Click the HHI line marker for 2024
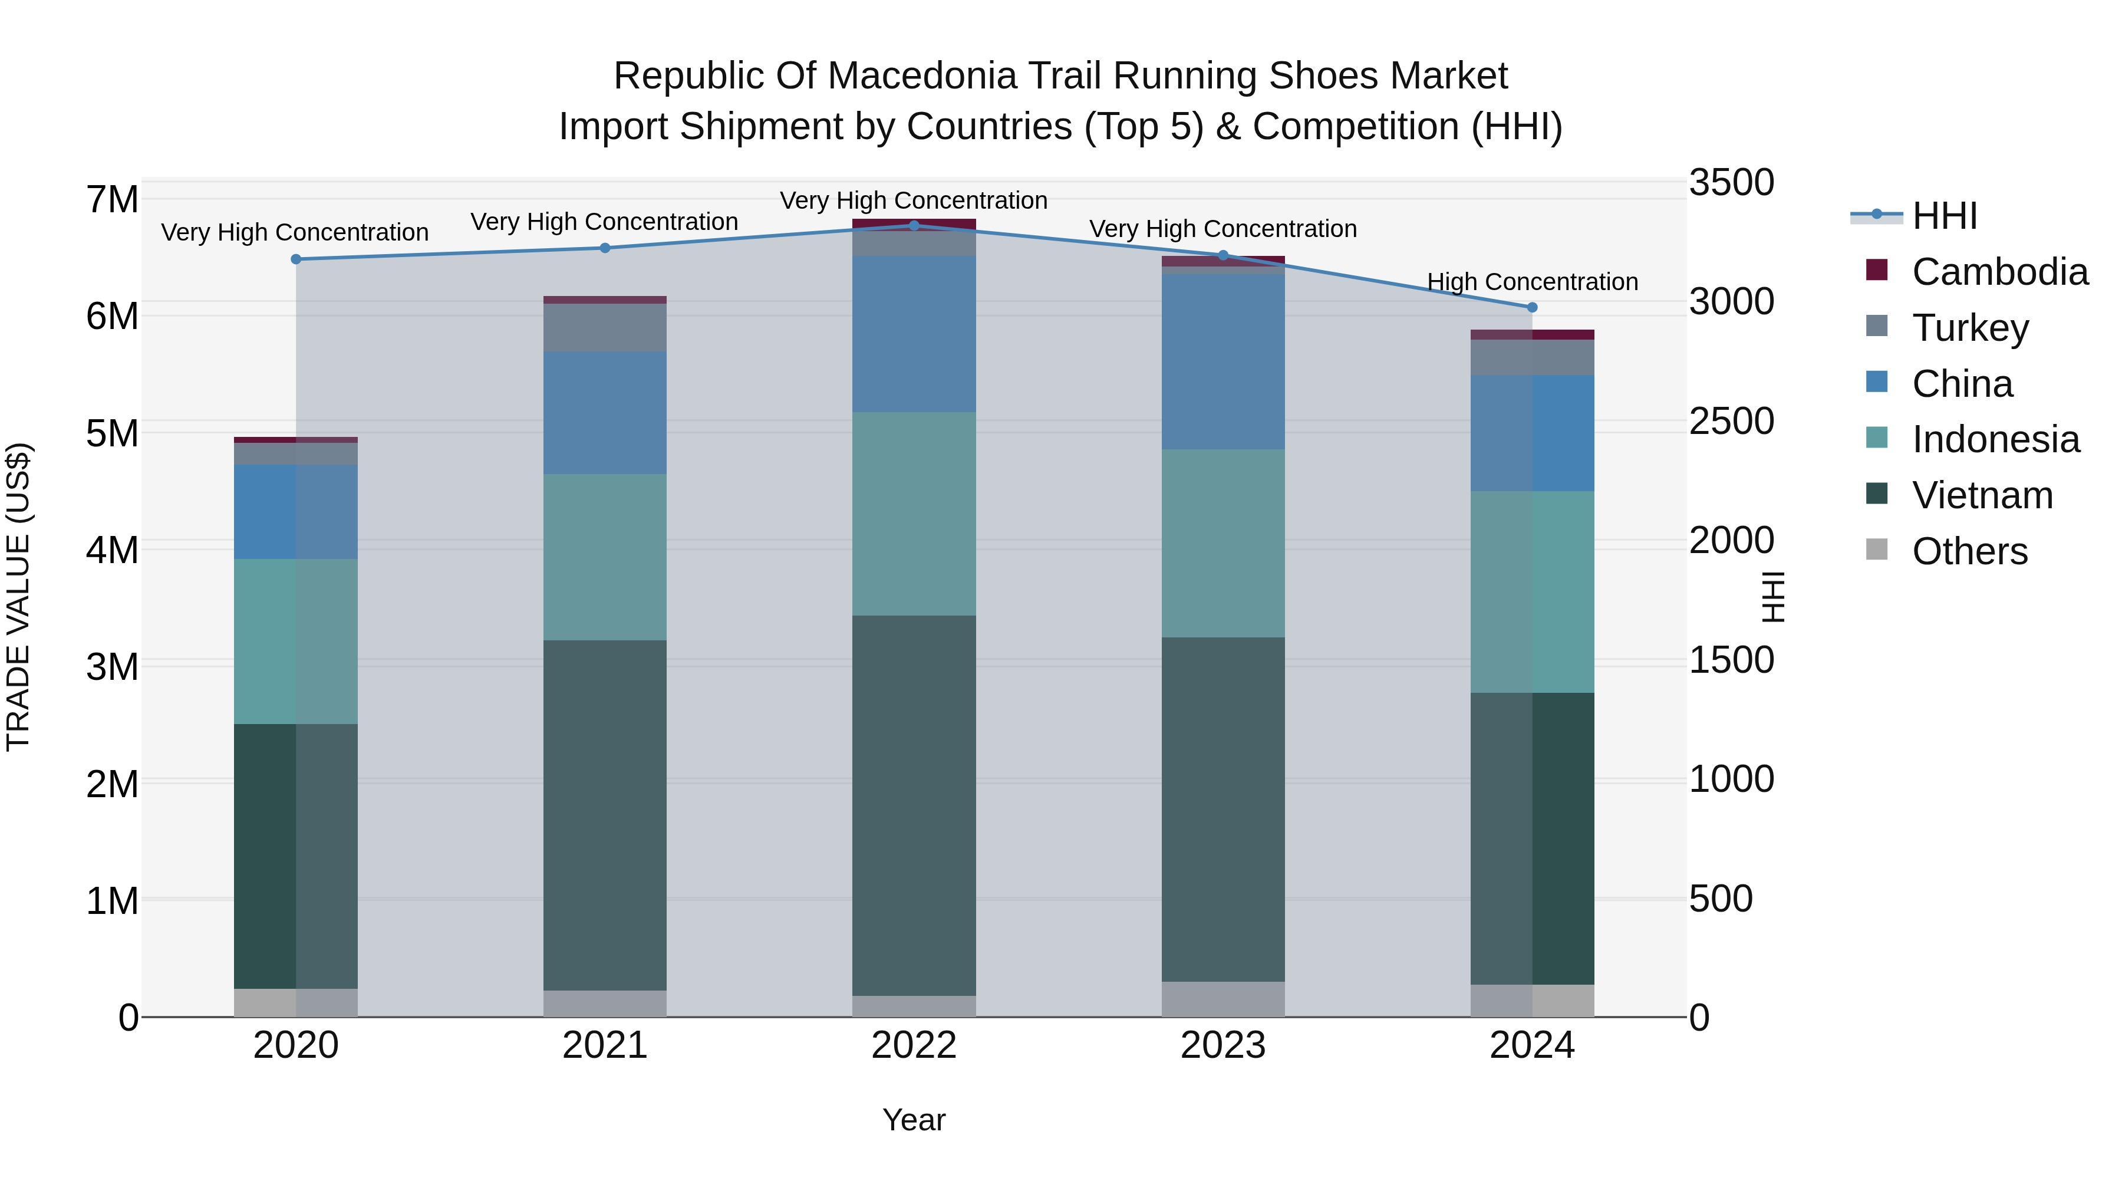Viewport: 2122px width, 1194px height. [x=1531, y=307]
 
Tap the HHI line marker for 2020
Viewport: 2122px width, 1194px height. [x=296, y=259]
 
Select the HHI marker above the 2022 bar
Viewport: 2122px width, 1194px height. [x=914, y=225]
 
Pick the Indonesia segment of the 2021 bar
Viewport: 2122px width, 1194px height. [x=605, y=557]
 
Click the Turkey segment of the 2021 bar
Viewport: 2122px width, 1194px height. [x=605, y=327]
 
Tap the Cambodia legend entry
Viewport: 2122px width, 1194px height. [x=1999, y=272]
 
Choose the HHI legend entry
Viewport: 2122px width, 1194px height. [x=1944, y=216]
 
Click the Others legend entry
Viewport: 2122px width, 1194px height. [x=1969, y=551]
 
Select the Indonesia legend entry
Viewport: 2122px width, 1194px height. [x=1995, y=439]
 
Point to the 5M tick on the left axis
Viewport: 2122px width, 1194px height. [x=113, y=433]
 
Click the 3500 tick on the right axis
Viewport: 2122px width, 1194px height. [x=1731, y=182]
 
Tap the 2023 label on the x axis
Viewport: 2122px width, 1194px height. [x=1223, y=1045]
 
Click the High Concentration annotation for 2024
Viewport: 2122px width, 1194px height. [x=1531, y=282]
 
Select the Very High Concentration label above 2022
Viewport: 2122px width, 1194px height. [x=914, y=200]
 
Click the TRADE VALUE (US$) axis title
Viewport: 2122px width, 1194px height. [x=18, y=597]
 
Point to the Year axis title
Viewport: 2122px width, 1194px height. [x=914, y=1120]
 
